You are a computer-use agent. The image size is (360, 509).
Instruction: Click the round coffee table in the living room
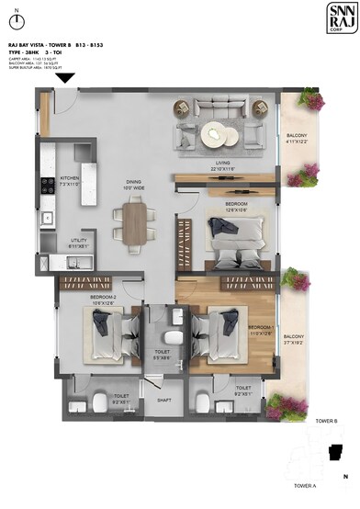(x=219, y=133)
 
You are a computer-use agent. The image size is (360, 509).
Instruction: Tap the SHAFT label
(x=163, y=400)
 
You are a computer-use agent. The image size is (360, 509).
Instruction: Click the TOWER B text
(x=327, y=420)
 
